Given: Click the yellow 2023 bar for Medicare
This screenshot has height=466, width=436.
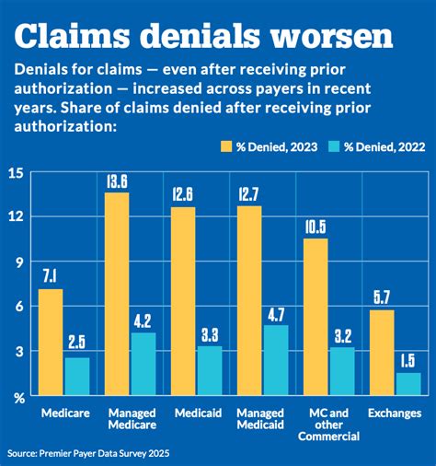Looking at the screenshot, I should [x=51, y=342].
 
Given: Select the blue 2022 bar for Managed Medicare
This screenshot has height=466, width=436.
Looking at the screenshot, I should [x=143, y=364].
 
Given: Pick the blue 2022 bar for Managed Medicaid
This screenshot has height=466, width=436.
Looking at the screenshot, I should [x=275, y=360].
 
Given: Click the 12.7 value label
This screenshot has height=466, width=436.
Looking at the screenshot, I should [x=249, y=194].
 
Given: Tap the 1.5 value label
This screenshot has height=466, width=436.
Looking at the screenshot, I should [x=407, y=360].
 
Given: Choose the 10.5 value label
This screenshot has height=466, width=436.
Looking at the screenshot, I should [x=316, y=227].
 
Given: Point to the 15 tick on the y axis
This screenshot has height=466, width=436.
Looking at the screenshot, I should [x=17, y=173].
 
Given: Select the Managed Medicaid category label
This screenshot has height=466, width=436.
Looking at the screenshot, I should [x=262, y=420].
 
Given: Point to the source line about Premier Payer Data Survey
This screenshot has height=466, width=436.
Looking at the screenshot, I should [x=89, y=453].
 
